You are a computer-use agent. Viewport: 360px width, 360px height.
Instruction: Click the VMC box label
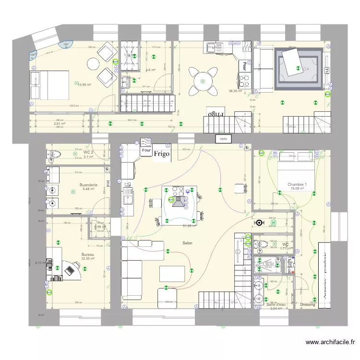click(x=223, y=139)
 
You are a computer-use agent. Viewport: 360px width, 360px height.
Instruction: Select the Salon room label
click(x=187, y=243)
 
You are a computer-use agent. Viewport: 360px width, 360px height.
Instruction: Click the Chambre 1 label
click(x=297, y=184)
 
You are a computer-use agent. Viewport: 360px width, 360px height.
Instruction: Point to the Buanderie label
click(x=89, y=184)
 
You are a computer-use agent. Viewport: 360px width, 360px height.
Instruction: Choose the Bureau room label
click(x=88, y=254)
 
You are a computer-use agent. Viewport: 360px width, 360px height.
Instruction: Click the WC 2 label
click(x=88, y=152)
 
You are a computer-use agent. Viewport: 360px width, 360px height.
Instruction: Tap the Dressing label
click(x=307, y=304)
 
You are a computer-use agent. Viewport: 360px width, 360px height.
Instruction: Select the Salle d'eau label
click(x=276, y=304)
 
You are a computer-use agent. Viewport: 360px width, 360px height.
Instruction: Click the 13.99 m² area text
click(x=85, y=85)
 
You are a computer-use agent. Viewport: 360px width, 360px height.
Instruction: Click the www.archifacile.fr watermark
click(x=330, y=342)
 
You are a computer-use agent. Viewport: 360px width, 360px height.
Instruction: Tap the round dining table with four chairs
click(x=202, y=82)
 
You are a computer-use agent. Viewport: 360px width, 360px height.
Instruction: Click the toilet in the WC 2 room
click(x=54, y=154)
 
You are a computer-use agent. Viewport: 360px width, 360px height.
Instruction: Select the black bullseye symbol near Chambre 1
click(x=260, y=223)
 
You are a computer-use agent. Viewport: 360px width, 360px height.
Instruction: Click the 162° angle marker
click(x=66, y=45)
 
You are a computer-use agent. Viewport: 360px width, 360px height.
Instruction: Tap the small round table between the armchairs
click(x=93, y=63)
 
